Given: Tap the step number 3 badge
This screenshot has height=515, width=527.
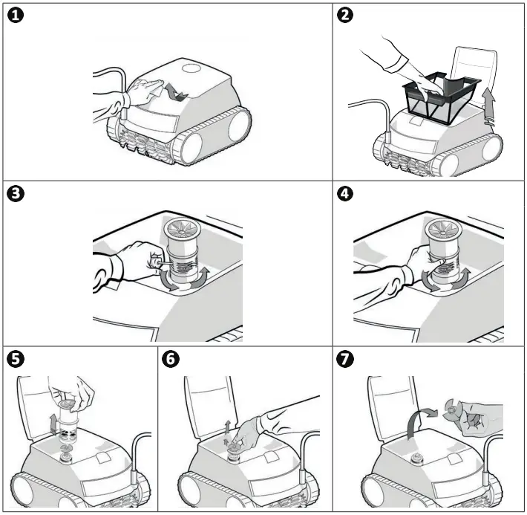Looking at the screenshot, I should (16, 195).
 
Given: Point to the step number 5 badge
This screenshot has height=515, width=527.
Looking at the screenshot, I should (16, 360).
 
